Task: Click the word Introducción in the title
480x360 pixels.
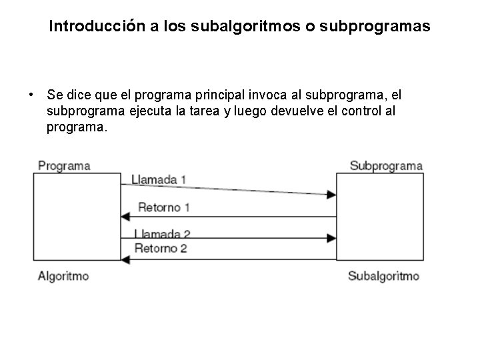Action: [x=93, y=27]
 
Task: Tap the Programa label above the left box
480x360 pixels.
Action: [x=64, y=165]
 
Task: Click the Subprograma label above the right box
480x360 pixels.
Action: [x=386, y=165]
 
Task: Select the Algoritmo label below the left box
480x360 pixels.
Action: [x=63, y=275]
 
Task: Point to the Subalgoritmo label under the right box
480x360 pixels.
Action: [x=384, y=275]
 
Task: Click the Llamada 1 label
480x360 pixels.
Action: [x=159, y=179]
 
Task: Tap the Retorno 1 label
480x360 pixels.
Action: [x=164, y=207]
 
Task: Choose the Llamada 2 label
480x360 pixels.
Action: [x=162, y=233]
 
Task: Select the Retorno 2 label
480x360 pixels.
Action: [x=161, y=249]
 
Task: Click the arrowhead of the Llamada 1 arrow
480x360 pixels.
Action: [x=332, y=195]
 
